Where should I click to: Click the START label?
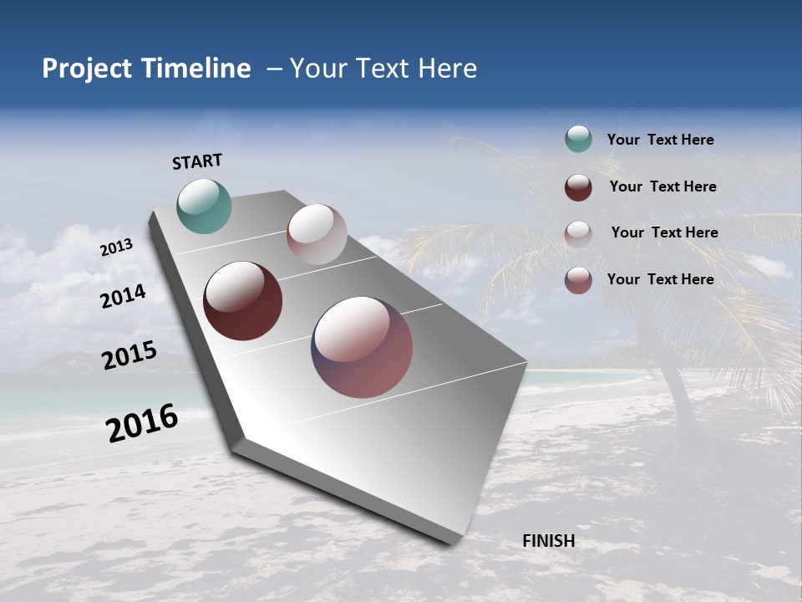[197, 161]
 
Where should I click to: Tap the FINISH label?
[548, 541]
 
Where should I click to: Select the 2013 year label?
[116, 248]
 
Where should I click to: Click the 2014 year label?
[123, 297]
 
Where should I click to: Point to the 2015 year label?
[129, 355]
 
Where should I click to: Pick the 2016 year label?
[142, 423]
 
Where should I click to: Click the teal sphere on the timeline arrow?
[204, 206]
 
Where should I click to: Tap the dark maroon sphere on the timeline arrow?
[242, 301]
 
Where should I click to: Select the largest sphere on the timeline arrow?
[362, 347]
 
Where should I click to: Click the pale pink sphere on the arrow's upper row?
[317, 234]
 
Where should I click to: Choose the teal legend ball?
[578, 140]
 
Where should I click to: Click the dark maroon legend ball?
[578, 187]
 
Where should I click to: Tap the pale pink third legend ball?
[578, 233]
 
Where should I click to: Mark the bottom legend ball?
[578, 280]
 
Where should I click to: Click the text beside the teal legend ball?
[660, 140]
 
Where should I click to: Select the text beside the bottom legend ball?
[660, 279]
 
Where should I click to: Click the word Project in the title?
[88, 69]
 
